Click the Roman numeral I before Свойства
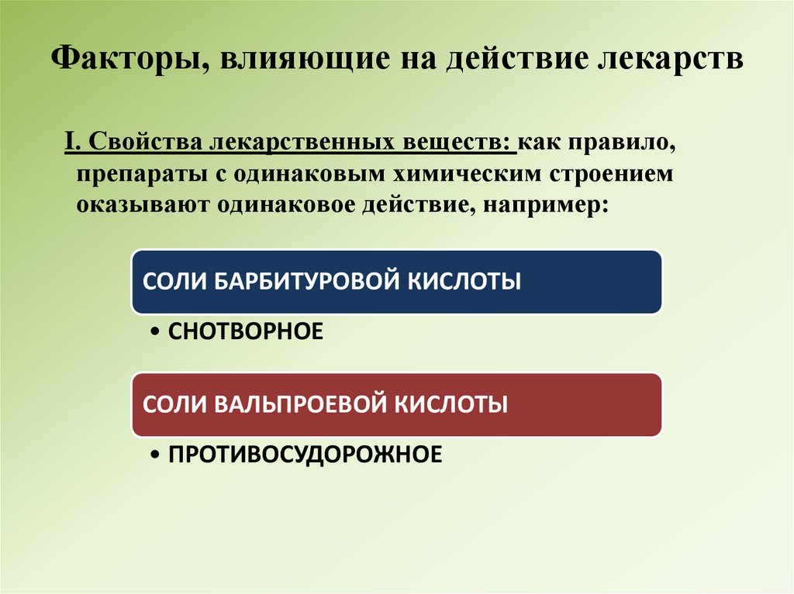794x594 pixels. [x=69, y=143]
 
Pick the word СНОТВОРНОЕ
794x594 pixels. [x=244, y=331]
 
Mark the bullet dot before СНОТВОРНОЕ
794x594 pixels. [x=155, y=332]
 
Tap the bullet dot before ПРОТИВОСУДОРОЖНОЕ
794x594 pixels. [x=155, y=455]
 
